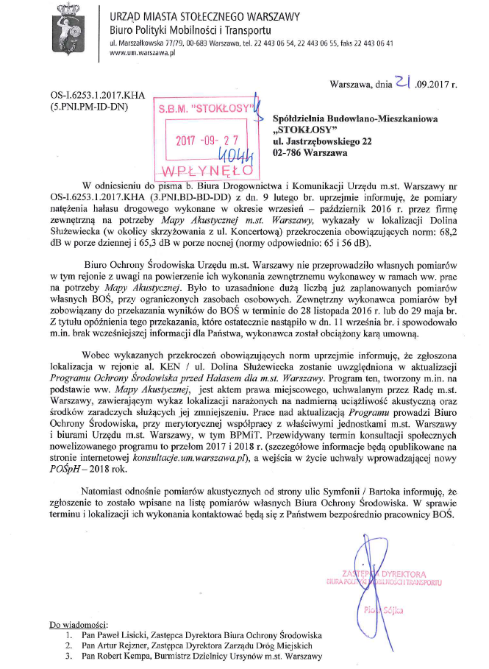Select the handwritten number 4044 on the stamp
click(x=238, y=155)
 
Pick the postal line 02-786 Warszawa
click(x=310, y=153)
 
